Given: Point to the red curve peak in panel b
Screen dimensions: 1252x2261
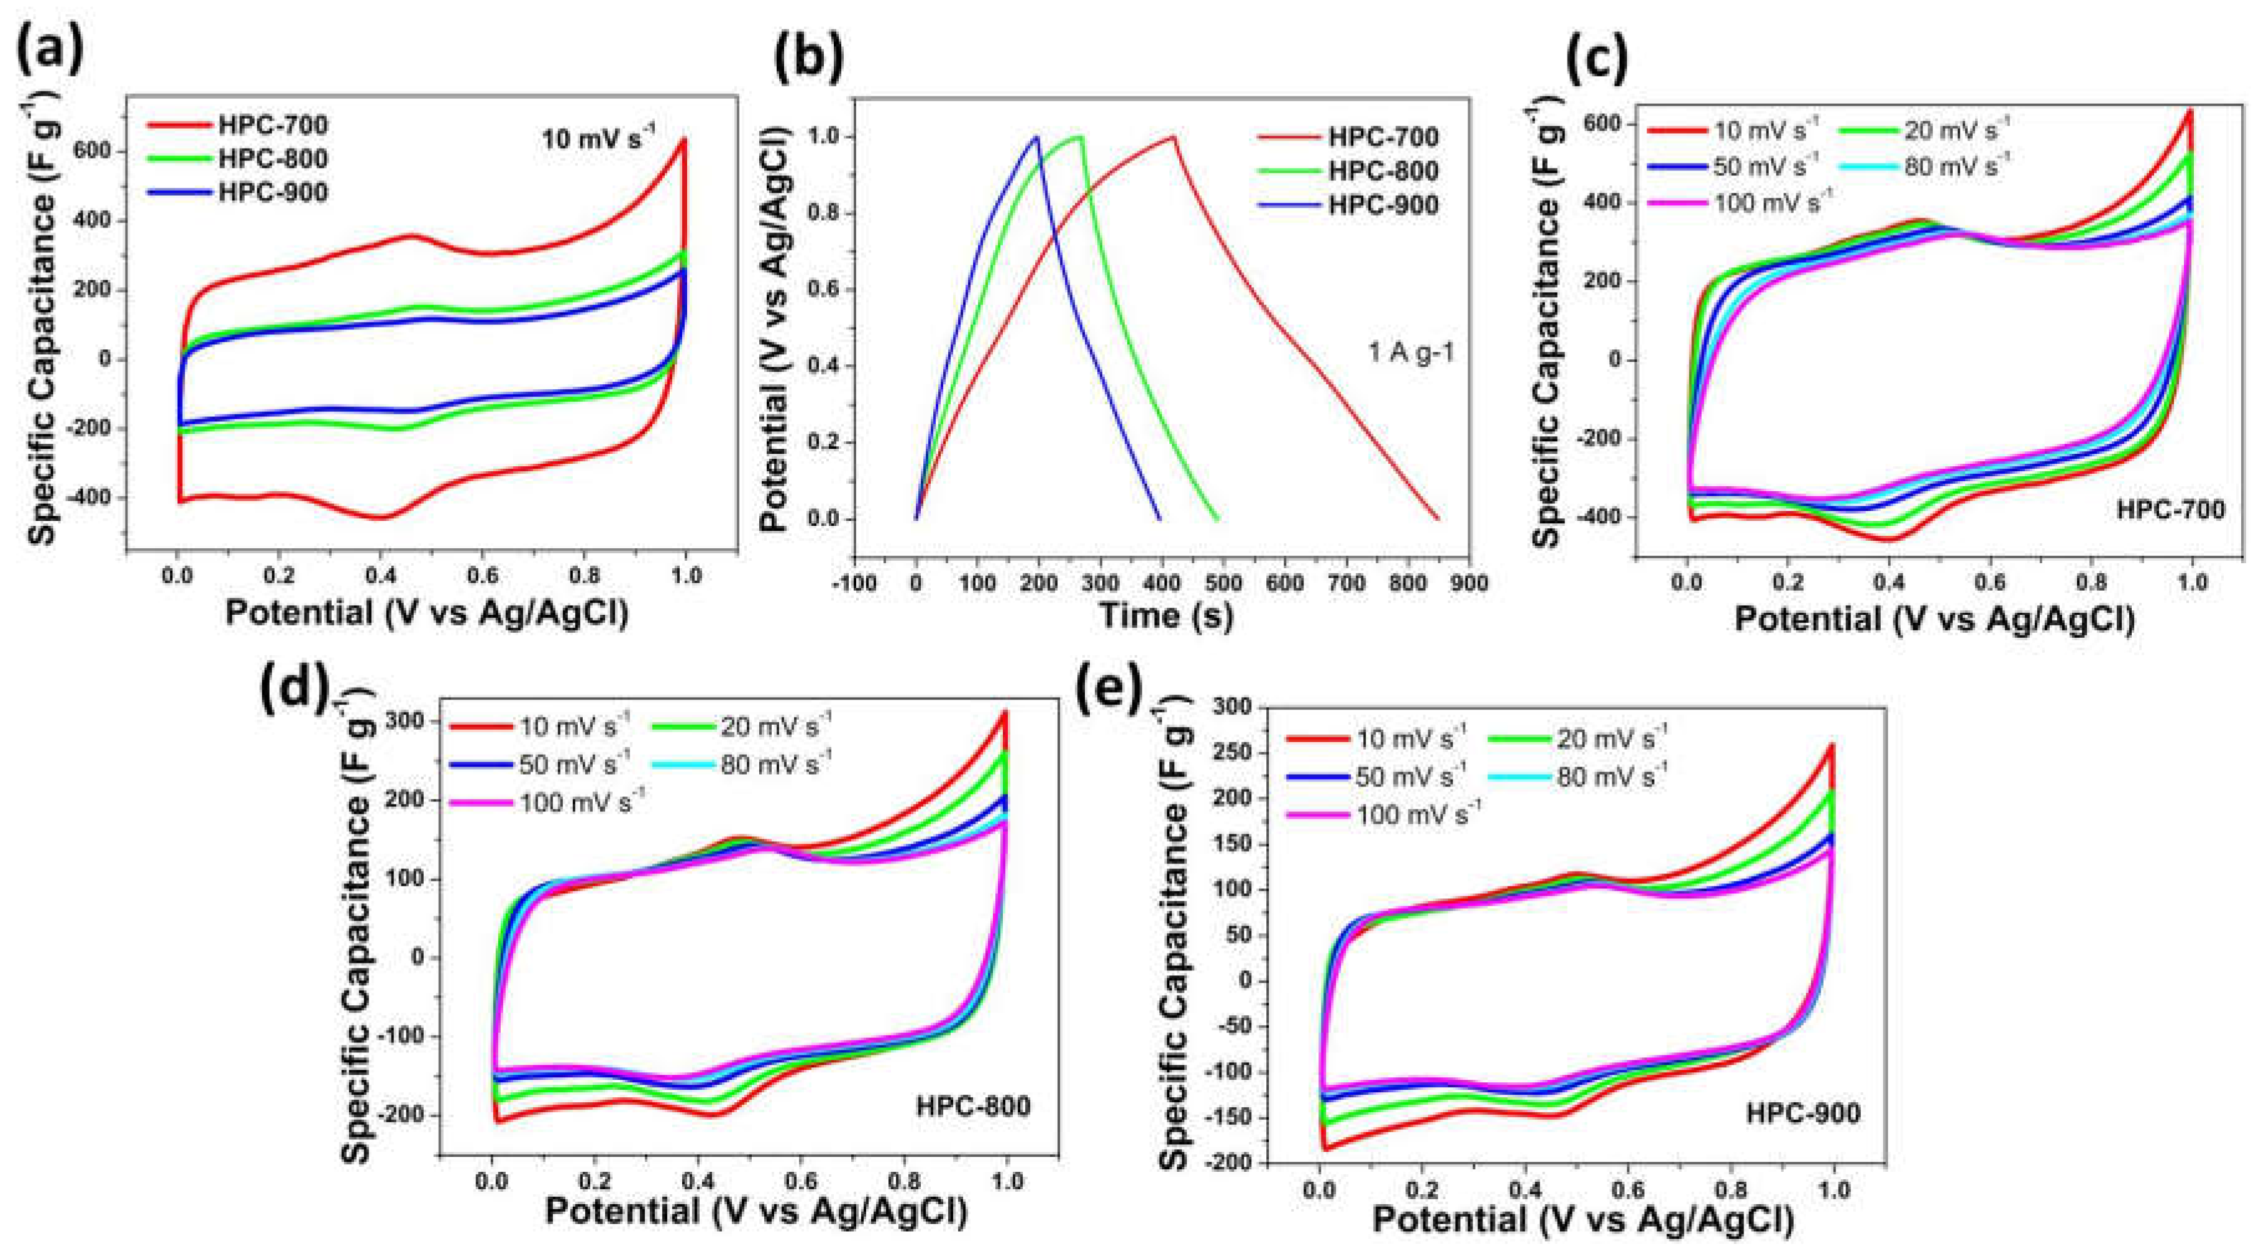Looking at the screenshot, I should coord(1172,136).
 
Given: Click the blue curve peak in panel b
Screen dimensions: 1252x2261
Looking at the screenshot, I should coord(1036,136).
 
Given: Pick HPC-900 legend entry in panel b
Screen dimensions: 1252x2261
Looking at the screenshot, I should coord(1383,205).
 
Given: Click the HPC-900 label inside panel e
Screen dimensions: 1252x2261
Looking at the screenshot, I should coord(1803,1113).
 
